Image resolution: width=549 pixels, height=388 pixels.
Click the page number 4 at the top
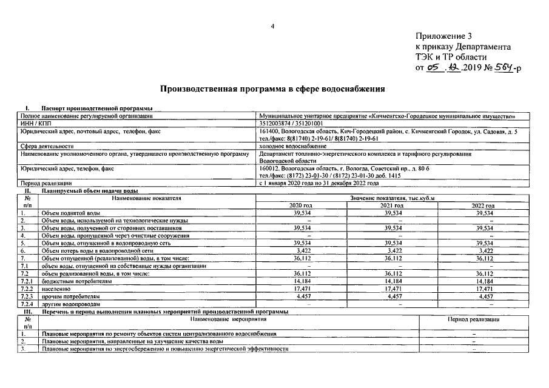pos(273,26)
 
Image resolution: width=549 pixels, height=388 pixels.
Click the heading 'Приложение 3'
pos(445,36)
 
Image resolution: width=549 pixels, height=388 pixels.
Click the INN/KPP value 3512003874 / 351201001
pos(291,122)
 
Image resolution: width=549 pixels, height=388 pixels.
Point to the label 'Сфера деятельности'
pos(47,146)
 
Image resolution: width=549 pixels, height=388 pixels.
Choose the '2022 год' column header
pos(483,206)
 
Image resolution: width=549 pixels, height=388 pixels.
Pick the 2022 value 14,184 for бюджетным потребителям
pos(483,281)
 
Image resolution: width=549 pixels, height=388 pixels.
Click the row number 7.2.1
pos(27,281)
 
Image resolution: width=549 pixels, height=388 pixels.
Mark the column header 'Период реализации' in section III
pos(473,319)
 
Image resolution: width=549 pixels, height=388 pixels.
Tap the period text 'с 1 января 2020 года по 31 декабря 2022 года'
pos(318,182)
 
